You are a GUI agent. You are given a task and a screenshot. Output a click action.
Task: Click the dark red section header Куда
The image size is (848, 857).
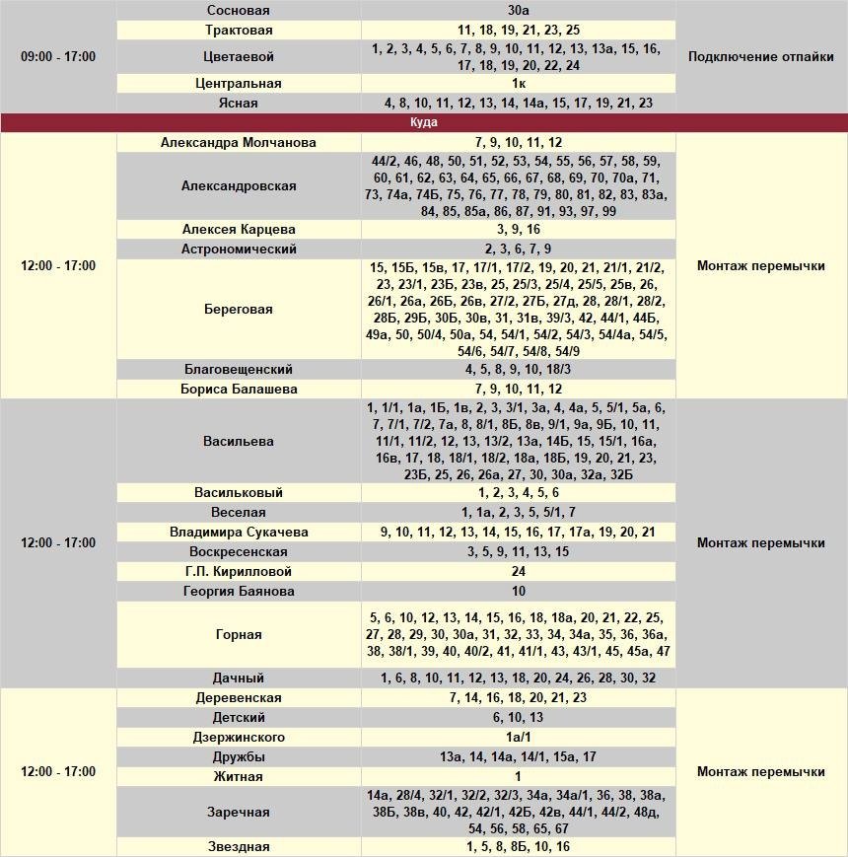click(423, 122)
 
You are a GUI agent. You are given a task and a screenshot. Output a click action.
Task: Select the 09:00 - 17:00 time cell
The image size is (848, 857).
click(58, 56)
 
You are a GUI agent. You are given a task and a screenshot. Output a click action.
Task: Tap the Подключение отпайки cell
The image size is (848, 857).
click(760, 56)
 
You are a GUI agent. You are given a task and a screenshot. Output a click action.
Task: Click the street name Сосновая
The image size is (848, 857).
click(239, 10)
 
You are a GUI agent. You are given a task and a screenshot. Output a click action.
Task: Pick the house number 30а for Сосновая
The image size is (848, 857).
click(518, 10)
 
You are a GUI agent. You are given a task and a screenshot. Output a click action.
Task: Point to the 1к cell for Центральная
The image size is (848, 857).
click(518, 84)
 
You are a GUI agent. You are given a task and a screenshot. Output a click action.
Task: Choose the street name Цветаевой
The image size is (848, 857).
click(239, 57)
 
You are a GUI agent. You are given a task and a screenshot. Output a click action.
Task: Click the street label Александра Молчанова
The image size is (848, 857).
click(239, 143)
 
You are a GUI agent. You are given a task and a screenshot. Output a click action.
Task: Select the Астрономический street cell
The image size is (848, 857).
click(239, 250)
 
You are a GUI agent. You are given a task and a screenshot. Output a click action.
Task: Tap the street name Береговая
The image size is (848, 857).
click(239, 309)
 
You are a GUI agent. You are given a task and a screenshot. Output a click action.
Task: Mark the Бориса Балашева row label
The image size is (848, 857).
click(239, 390)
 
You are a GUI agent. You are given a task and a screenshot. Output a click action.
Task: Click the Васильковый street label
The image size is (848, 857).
click(239, 493)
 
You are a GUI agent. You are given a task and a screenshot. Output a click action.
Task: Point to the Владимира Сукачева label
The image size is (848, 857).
click(239, 533)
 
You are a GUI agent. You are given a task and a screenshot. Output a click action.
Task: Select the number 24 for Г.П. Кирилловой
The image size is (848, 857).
click(518, 572)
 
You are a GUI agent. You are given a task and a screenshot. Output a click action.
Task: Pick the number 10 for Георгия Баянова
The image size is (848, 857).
click(518, 592)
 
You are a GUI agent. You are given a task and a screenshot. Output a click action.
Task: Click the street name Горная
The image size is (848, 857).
click(239, 635)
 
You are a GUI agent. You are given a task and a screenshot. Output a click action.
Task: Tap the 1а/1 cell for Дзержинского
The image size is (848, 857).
click(518, 738)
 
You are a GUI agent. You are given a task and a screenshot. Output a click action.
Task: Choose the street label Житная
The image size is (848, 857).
click(239, 777)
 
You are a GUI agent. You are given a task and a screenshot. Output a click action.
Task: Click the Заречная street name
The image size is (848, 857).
click(239, 812)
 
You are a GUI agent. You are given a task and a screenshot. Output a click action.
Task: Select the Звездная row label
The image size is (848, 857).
click(239, 847)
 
